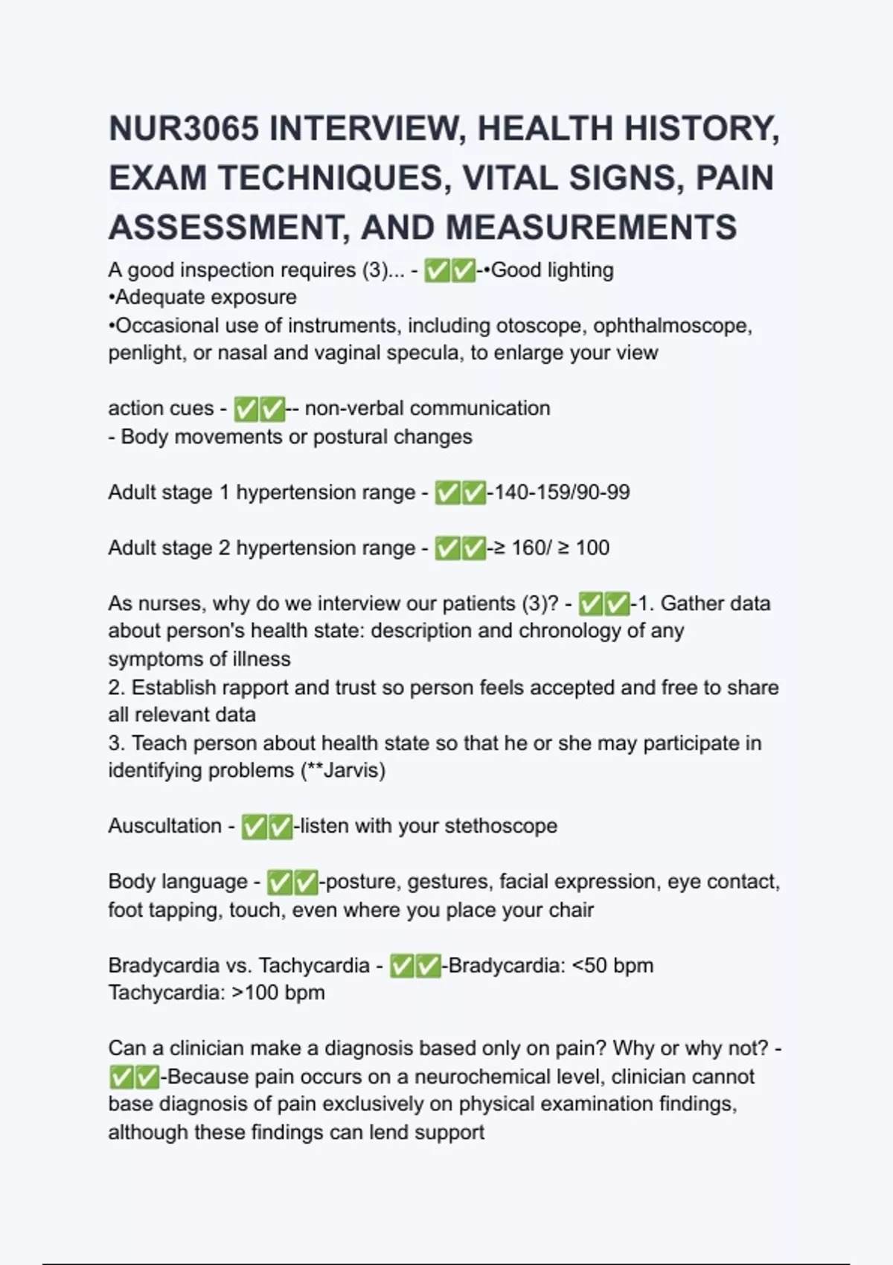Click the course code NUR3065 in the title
[x=183, y=129]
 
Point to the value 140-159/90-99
[x=561, y=492]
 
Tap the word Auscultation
[x=164, y=825]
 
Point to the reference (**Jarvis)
[x=343, y=770]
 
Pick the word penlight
[x=147, y=353]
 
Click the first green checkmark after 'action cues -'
[x=246, y=409]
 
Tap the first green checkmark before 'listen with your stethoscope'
[x=255, y=826]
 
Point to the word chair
[x=573, y=909]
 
